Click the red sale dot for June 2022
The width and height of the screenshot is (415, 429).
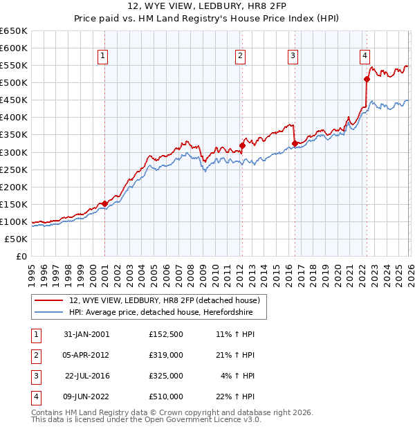pyautogui.click(x=367, y=79)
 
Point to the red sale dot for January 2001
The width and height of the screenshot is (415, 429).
pyautogui.click(x=104, y=203)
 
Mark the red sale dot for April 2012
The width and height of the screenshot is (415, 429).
pyautogui.click(x=242, y=145)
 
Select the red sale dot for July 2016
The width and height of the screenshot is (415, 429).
pyautogui.click(x=295, y=143)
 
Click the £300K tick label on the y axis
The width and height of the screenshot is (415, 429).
pyautogui.click(x=14, y=152)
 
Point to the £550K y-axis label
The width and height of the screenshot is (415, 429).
pyautogui.click(x=14, y=66)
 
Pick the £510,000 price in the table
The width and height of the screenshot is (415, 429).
pyautogui.click(x=166, y=396)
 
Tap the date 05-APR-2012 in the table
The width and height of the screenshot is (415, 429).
pyautogui.click(x=86, y=355)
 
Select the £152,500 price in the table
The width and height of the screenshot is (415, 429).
pyautogui.click(x=166, y=334)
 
